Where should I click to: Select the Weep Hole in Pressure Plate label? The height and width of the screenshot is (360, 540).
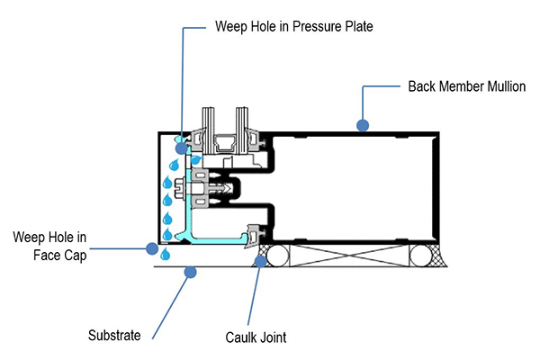click(293, 27)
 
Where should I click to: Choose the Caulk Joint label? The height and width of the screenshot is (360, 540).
click(256, 338)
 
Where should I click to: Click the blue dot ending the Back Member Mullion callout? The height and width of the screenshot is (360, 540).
click(362, 125)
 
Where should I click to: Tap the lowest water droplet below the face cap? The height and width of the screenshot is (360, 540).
click(163, 256)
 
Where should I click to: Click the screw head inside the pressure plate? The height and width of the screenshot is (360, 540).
click(188, 190)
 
